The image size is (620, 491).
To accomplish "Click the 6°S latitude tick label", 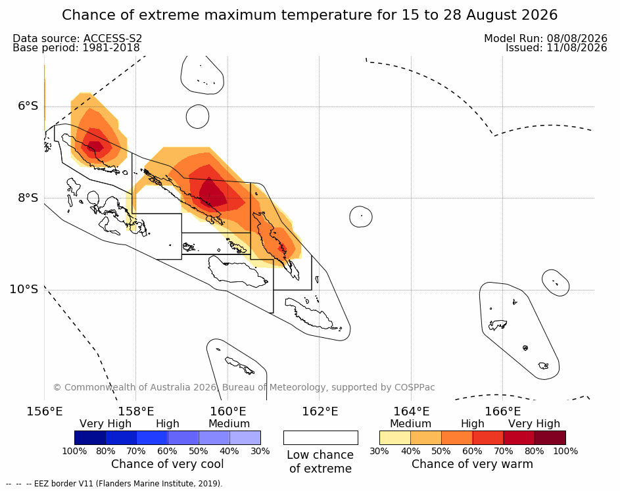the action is [x=28, y=106].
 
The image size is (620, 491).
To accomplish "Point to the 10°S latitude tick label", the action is [x=24, y=289].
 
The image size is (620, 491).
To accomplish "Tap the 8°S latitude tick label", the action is [x=28, y=198].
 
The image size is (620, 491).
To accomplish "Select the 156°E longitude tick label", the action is [x=45, y=411].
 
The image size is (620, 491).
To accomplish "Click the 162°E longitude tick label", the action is [x=320, y=411].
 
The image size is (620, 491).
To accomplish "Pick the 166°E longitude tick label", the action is [x=502, y=411].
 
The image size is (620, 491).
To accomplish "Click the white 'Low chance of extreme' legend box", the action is [x=321, y=438].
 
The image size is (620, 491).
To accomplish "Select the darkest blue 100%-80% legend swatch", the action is [x=90, y=438].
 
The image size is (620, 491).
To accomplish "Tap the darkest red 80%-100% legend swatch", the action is [x=550, y=438].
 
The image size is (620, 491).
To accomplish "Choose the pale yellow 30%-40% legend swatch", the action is [x=395, y=438].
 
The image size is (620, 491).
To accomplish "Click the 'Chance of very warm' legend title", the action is [x=472, y=464].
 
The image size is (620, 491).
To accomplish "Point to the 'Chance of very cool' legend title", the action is [x=167, y=464].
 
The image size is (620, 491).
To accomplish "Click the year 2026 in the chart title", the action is [x=539, y=15].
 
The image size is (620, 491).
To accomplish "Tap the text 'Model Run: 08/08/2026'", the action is [x=546, y=38].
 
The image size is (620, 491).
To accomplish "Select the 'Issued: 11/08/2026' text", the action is [x=556, y=48].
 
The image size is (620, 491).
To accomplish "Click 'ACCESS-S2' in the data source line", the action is [x=112, y=38].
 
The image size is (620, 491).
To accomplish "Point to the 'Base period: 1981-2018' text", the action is [x=76, y=48].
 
